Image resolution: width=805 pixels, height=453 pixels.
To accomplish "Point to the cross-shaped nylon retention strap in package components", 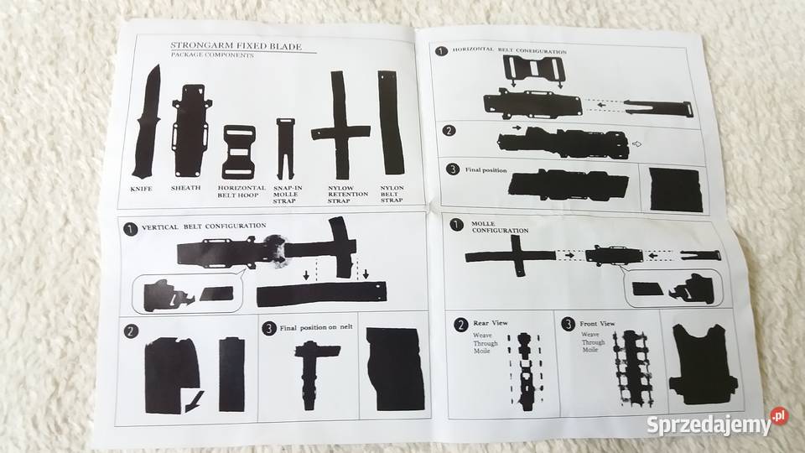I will click(x=338, y=126).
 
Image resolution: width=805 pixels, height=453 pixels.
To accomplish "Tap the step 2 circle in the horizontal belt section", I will click(x=449, y=130).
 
